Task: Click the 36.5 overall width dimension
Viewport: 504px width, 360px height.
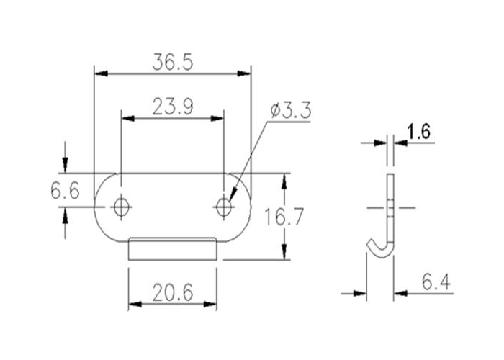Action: tap(173, 63)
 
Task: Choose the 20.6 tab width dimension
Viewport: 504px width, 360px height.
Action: tap(172, 293)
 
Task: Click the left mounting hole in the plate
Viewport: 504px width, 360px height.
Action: tap(121, 207)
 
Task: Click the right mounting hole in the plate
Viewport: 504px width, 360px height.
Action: tap(224, 207)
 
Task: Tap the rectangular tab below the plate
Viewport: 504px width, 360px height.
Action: tap(172, 249)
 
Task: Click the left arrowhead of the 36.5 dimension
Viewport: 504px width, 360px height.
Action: tap(101, 73)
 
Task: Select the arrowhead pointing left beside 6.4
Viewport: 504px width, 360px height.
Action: tap(400, 293)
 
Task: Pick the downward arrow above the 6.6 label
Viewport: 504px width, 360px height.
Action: tap(66, 166)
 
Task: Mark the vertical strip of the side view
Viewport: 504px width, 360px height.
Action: tap(391, 205)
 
